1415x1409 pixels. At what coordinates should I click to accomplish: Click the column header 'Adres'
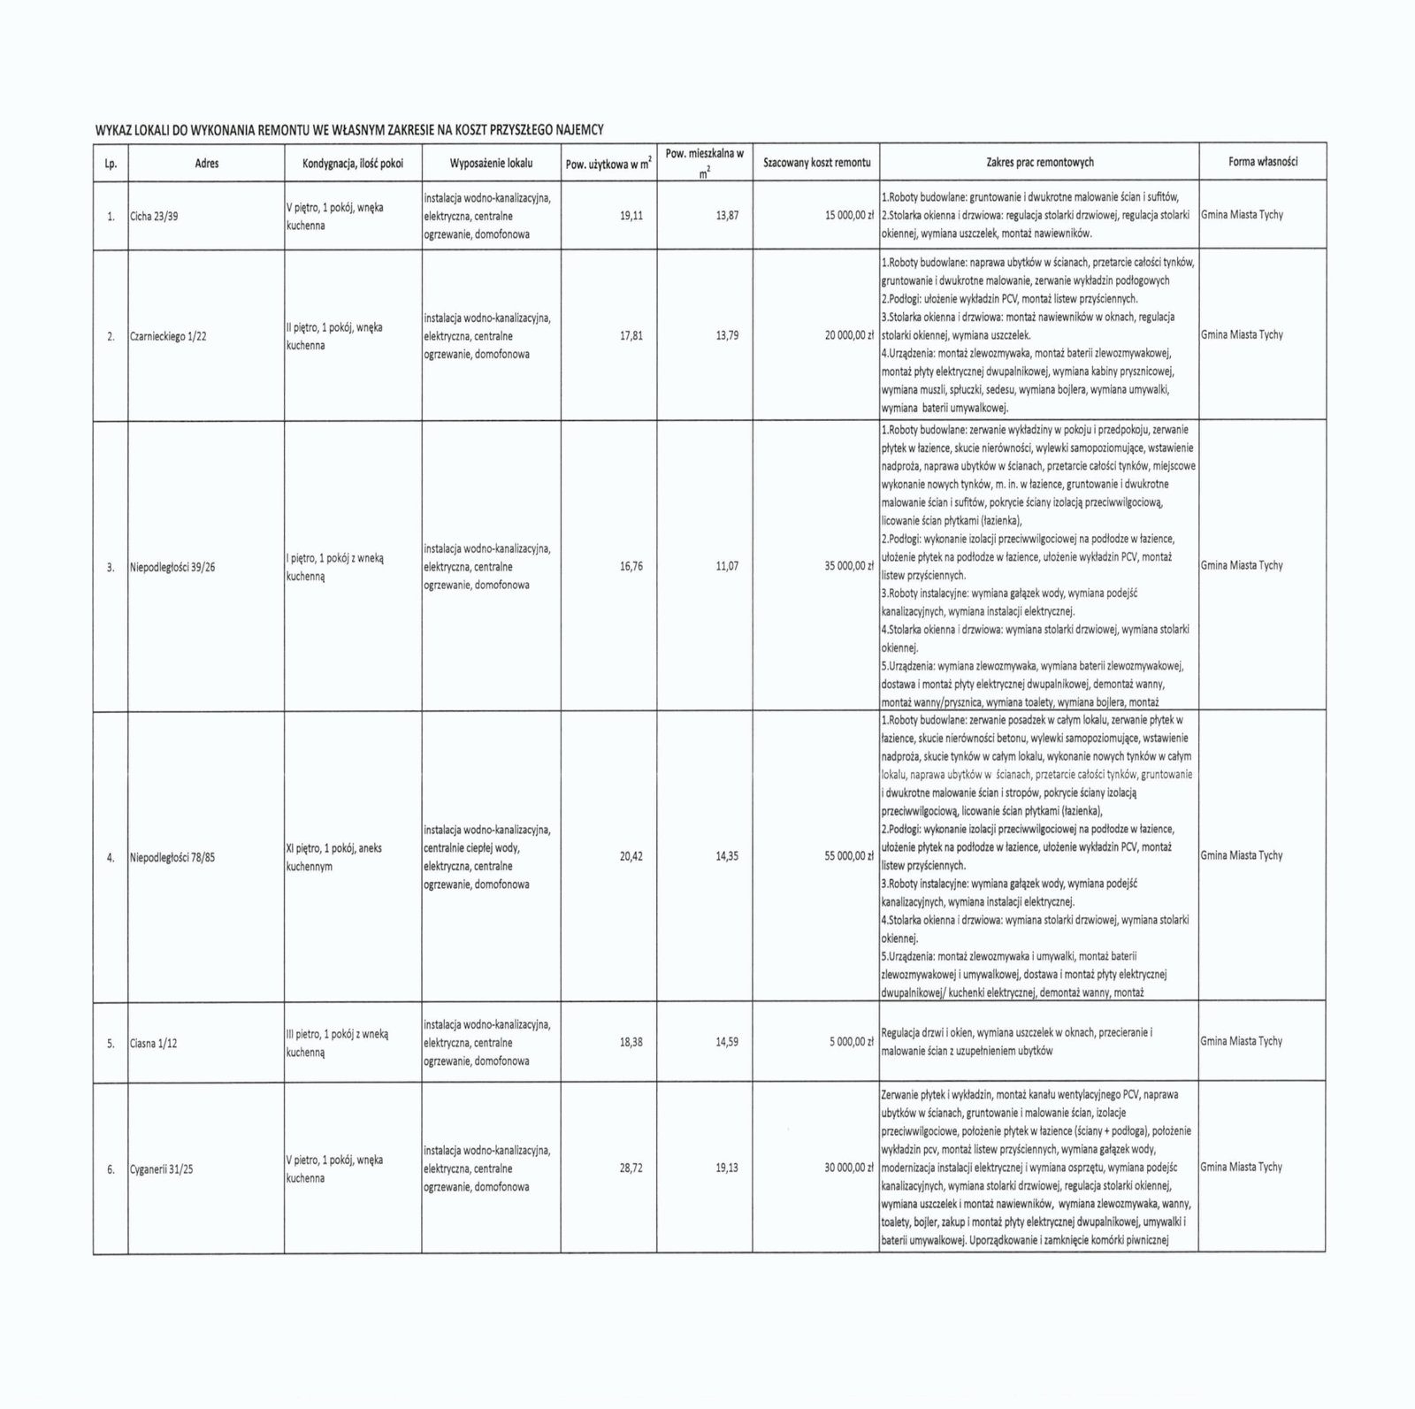(206, 163)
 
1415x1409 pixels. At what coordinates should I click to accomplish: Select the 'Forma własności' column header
(1262, 162)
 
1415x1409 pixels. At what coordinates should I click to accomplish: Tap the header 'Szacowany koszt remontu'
(816, 163)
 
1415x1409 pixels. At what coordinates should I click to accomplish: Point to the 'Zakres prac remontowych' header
(1039, 162)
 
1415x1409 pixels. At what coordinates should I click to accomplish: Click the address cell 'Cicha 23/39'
(154, 216)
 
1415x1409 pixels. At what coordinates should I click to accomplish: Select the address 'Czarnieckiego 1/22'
(168, 336)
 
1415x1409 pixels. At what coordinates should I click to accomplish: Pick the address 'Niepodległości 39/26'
(172, 567)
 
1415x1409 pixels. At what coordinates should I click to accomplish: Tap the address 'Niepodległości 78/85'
(172, 857)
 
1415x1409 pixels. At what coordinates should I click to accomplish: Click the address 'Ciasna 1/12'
(153, 1043)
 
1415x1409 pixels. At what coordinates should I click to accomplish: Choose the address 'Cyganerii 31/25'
(161, 1169)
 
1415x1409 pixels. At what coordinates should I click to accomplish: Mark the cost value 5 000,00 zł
(852, 1042)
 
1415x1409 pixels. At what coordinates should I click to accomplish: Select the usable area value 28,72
(631, 1168)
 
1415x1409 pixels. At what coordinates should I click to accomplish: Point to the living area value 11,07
(727, 566)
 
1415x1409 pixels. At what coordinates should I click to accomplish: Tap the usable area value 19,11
(631, 215)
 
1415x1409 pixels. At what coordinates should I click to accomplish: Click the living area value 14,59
(727, 1042)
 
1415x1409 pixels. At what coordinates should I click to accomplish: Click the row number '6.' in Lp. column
(111, 1169)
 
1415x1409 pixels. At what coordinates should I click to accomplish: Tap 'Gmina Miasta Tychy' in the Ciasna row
(1241, 1041)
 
